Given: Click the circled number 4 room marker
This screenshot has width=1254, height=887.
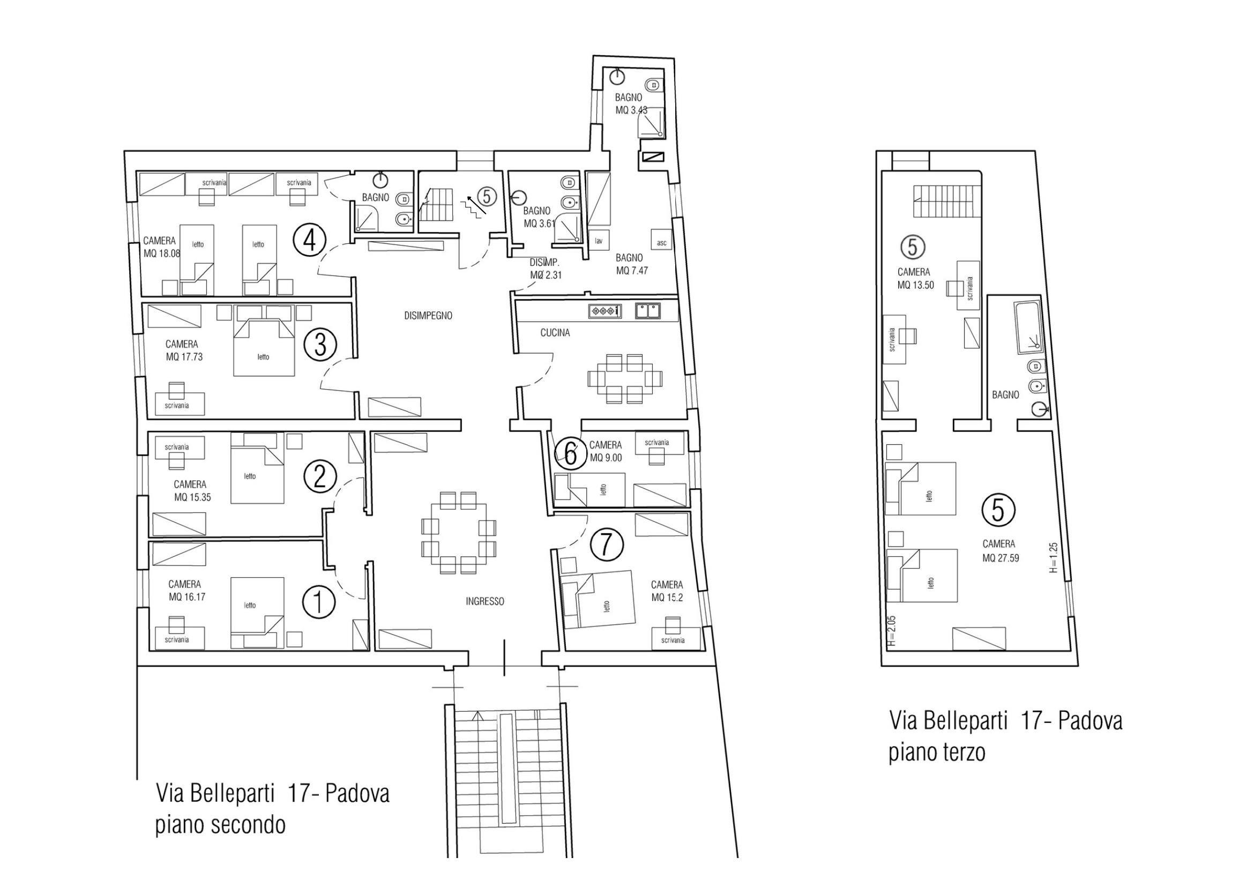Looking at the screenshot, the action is pos(310,240).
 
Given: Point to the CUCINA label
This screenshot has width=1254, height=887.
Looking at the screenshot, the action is pos(555,333).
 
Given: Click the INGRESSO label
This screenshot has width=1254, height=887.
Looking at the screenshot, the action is pos(485,601).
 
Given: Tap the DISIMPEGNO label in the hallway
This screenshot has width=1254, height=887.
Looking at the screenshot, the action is pos(428,316).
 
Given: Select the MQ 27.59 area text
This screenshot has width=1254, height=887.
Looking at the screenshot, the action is pos(1001,558).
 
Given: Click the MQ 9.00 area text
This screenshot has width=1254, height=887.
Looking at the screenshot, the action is pos(606,458).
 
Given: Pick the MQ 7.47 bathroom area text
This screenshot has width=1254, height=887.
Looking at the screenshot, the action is pos(632,270).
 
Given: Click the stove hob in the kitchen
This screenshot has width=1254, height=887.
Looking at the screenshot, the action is pos(604,311).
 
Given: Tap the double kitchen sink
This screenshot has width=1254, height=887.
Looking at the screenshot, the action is pos(648,310).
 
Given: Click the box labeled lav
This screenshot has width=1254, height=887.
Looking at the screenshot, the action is pos(599,241).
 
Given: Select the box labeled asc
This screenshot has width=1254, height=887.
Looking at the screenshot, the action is pos(661,242).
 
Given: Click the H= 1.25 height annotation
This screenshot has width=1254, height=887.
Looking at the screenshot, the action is pos(1054,557).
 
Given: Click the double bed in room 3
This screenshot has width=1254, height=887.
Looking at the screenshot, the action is pos(263,348).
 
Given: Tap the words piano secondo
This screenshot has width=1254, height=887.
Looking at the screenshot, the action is pos(221,825).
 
